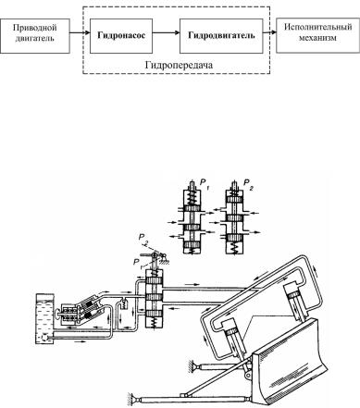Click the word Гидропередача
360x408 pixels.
point(179,65)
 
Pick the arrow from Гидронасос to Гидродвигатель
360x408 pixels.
point(166,32)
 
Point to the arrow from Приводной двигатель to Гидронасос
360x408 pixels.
point(80,32)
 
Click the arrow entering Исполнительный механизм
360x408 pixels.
point(269,32)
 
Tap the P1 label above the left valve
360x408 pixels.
point(205,184)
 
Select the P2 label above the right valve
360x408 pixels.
point(248,184)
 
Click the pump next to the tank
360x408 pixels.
point(81,312)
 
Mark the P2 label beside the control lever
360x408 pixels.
point(143,239)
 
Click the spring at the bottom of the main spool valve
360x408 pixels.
point(153,323)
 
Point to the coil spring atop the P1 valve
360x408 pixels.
point(192,198)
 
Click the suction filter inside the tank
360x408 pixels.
point(43,338)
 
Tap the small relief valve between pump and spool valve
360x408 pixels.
point(124,303)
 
